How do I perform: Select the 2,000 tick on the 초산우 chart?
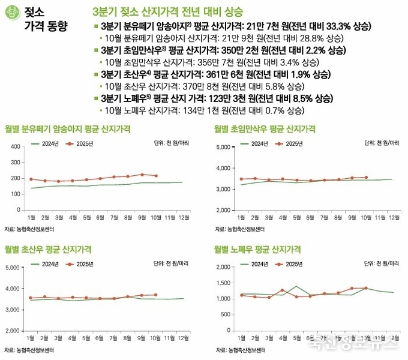tap(13, 331)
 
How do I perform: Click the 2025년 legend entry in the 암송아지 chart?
tap(80, 143)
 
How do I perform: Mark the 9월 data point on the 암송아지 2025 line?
tap(142, 175)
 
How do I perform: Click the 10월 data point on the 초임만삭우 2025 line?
tap(366, 177)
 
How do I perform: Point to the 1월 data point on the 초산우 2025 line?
tap(31, 298)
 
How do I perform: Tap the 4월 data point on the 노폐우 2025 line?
tap(282, 290)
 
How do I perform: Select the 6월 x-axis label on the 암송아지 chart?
tap(100, 218)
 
